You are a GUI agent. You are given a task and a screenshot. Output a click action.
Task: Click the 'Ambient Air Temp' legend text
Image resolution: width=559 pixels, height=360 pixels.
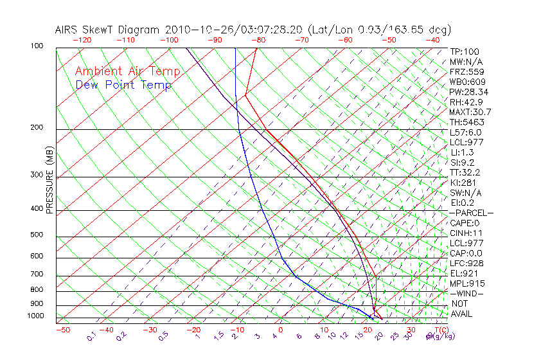coord(127,71)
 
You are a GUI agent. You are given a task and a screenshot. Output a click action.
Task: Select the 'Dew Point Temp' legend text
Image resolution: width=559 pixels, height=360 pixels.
coord(123,85)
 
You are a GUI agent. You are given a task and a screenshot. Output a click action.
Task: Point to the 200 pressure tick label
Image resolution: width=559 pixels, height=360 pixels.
coord(37,127)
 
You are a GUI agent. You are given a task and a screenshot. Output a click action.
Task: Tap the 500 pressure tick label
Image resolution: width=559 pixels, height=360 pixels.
coord(37,235)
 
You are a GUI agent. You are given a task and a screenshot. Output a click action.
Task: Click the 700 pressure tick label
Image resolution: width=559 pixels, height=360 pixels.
coord(37,274)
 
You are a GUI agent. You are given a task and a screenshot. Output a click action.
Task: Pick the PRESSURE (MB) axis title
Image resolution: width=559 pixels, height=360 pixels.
coord(51,179)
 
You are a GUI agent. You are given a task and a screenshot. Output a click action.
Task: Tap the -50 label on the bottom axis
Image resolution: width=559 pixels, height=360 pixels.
coord(62,330)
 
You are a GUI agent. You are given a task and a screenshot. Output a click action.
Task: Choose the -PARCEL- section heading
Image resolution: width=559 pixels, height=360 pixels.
coord(471,213)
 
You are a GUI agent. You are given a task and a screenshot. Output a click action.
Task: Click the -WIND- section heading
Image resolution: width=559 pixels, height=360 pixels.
coord(467,293)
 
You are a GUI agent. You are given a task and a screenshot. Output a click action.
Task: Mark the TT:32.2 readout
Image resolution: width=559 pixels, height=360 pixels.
coord(465,172)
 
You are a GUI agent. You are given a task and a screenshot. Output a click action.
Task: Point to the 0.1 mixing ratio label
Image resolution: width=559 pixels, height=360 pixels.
coord(91,336)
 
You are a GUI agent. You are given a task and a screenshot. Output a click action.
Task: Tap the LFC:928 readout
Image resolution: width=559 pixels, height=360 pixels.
coord(466,263)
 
